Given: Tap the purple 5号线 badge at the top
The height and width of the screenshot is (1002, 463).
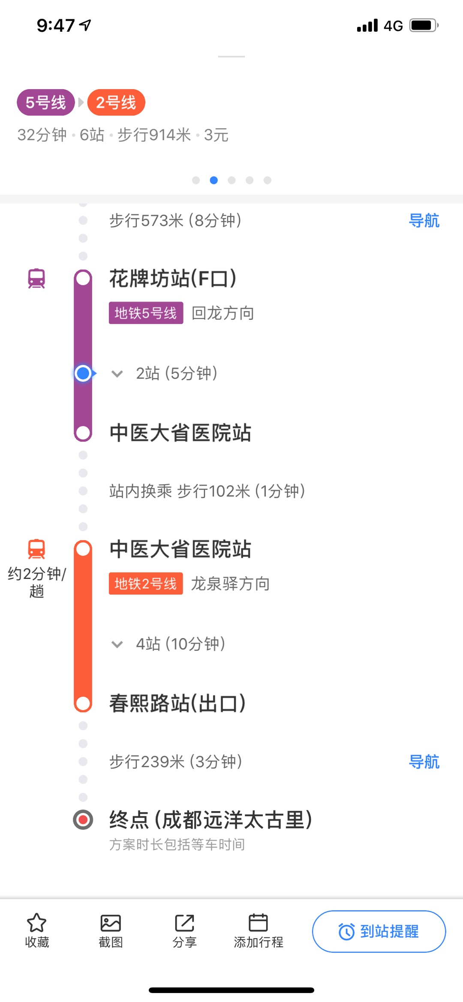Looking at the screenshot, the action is pos(46,102).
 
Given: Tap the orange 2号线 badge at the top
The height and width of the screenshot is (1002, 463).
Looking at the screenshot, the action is pos(116,102).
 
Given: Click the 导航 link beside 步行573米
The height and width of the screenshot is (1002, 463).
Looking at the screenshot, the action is pos(424,221).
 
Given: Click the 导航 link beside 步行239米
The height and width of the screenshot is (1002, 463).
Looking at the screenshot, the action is pos(424,762).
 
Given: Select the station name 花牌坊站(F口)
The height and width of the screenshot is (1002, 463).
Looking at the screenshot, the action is pos(173,279).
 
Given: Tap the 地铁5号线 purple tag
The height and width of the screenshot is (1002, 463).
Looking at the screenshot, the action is pos(146,313).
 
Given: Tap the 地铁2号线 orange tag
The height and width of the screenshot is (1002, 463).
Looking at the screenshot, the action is pos(146,584).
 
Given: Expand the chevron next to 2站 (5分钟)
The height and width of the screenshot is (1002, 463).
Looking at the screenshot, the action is pos(117,374).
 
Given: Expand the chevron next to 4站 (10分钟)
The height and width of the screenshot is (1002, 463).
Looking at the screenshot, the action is pos(117,644).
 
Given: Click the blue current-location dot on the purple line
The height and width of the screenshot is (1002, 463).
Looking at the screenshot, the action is pos(83,373).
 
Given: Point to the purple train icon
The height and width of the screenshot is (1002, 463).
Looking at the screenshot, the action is pos(36,279).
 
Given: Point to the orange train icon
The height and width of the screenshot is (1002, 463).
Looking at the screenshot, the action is pos(36,549).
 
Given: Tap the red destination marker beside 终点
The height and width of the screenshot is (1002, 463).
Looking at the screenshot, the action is pos(83,820).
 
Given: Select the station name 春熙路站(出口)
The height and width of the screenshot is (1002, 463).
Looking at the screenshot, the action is pos(177,704).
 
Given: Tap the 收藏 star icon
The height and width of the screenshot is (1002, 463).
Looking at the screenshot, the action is pos(36,923).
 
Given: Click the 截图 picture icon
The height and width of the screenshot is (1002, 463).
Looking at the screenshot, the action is pos(111,923).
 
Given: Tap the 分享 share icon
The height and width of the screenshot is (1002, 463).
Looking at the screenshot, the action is pos(184,923).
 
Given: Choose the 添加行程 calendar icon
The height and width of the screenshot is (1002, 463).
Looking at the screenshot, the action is pos(258,923).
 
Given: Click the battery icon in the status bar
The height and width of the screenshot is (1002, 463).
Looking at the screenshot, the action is pos(424,25).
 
